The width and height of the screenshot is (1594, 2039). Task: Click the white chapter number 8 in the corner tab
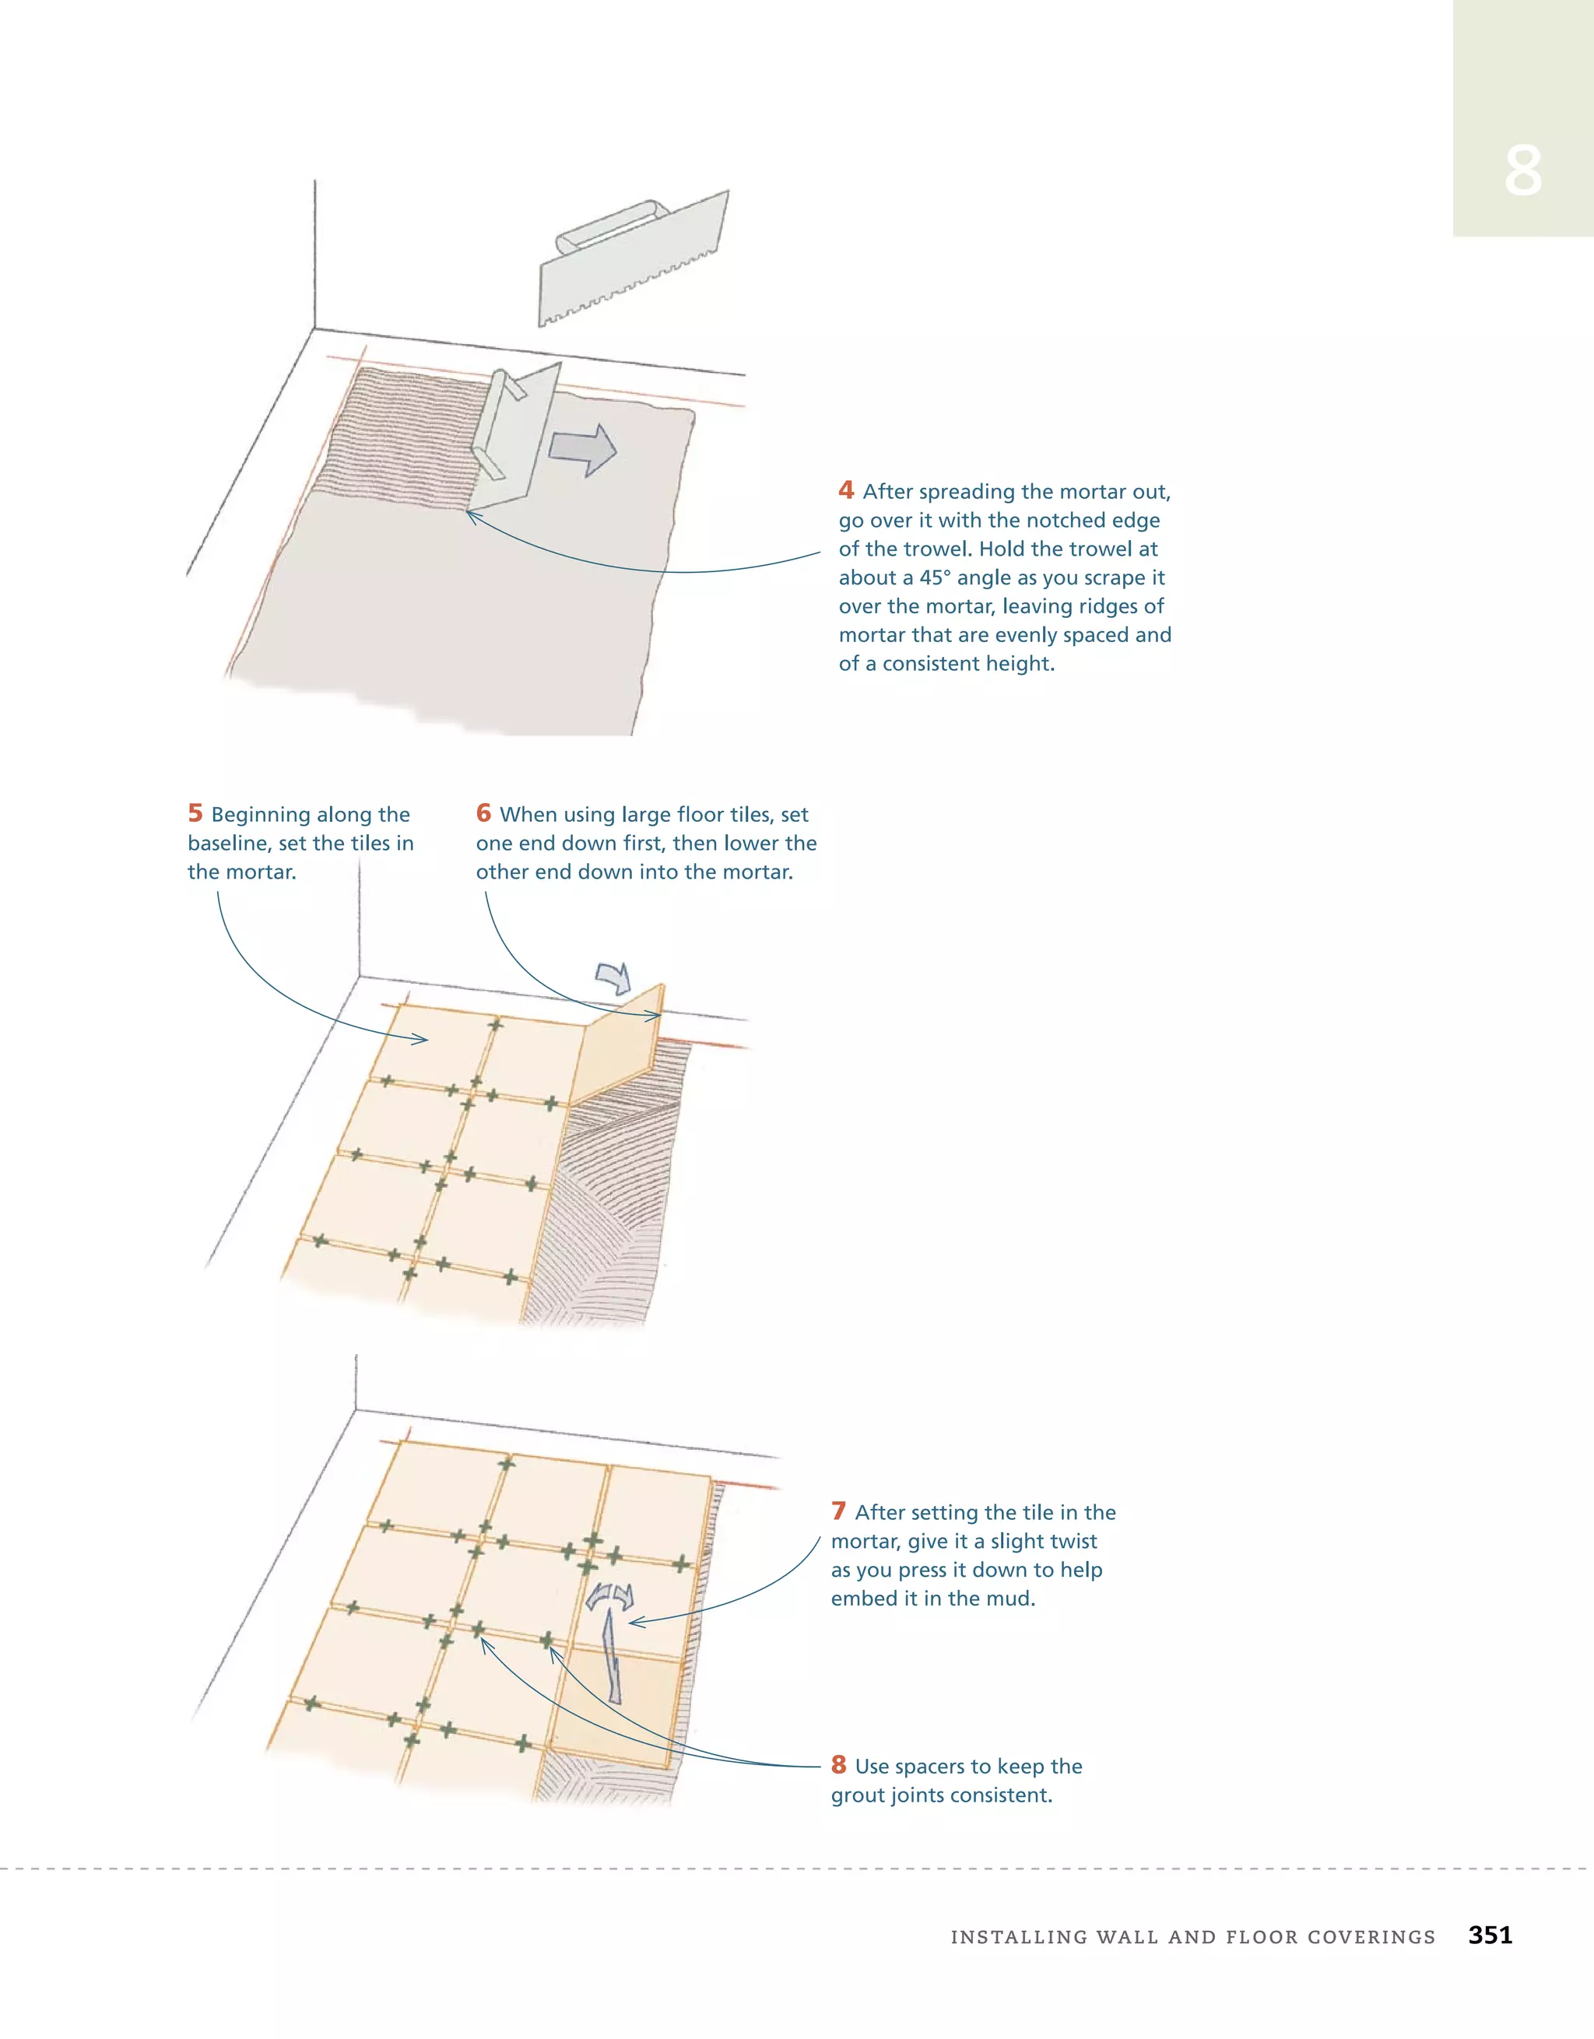pyautogui.click(x=1522, y=171)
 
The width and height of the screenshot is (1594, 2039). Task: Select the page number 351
pyautogui.click(x=1490, y=1935)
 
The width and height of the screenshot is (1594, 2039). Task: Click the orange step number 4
pyautogui.click(x=846, y=490)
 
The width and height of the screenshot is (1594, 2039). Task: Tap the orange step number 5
pyautogui.click(x=195, y=813)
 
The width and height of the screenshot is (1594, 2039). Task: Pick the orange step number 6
pyautogui.click(x=483, y=813)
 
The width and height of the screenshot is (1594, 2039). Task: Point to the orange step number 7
pyautogui.click(x=838, y=1511)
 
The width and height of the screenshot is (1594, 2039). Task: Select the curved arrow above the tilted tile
pyautogui.click(x=614, y=977)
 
